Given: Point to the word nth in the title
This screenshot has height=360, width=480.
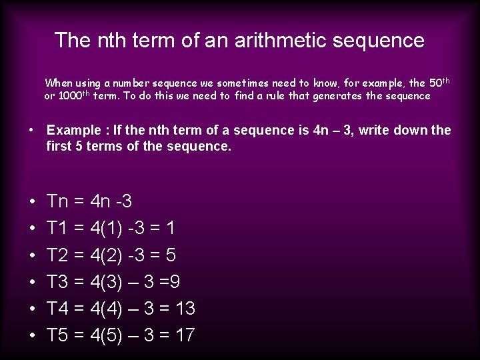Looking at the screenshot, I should pyautogui.click(x=115, y=40).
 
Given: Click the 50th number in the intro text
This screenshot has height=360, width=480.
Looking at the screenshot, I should pyautogui.click(x=439, y=83).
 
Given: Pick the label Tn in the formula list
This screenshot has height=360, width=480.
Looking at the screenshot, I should pyautogui.click(x=58, y=201).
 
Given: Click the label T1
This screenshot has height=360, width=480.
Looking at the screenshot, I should pyautogui.click(x=58, y=228).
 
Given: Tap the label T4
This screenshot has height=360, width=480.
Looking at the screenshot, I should pyautogui.click(x=58, y=308).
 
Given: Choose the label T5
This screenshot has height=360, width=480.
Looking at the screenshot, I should pyautogui.click(x=58, y=335).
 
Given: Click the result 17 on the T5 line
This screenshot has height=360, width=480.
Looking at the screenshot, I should pyautogui.click(x=183, y=335).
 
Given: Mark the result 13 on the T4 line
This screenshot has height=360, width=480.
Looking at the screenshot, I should pyautogui.click(x=183, y=308).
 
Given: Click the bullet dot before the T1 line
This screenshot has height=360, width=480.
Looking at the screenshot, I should pyautogui.click(x=32, y=229).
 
